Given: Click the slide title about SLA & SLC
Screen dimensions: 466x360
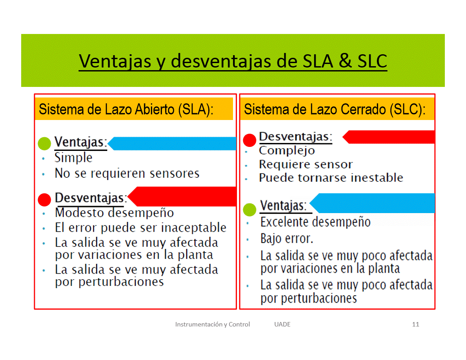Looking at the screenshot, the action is coord(233,61).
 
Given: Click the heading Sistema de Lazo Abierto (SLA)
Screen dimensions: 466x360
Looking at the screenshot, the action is coord(126,109).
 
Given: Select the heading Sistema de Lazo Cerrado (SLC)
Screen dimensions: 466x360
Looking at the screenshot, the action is coord(334,109).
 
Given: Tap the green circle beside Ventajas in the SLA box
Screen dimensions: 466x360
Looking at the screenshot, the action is coord(45,143).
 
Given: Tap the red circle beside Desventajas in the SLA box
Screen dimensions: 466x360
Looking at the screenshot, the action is coord(45,199).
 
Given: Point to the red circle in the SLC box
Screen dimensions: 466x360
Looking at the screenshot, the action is coord(250,140).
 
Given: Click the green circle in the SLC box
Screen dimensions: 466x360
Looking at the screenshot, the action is coord(250,210).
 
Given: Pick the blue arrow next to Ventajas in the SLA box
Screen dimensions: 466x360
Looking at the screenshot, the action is coord(172,143).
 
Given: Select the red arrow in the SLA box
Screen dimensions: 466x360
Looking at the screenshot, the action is coord(182,196).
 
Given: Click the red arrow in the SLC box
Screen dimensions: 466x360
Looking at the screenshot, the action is coord(388,137).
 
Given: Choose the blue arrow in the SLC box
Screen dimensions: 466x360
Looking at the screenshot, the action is coord(372,203).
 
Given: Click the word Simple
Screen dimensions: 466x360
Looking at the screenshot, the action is coord(73,158).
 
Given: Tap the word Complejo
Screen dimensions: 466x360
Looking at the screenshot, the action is coord(287,150).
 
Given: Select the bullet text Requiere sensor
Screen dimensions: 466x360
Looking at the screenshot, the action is coord(306,164).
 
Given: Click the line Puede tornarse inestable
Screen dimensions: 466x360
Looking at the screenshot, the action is coord(331,178).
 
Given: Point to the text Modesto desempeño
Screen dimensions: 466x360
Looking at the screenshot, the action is coord(114,213).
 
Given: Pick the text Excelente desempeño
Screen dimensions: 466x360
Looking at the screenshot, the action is coord(316,222).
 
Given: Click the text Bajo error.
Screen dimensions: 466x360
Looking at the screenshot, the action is coord(287,239).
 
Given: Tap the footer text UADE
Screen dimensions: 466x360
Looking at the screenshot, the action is coord(282,324).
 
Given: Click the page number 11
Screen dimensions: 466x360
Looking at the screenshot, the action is coord(416,324).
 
